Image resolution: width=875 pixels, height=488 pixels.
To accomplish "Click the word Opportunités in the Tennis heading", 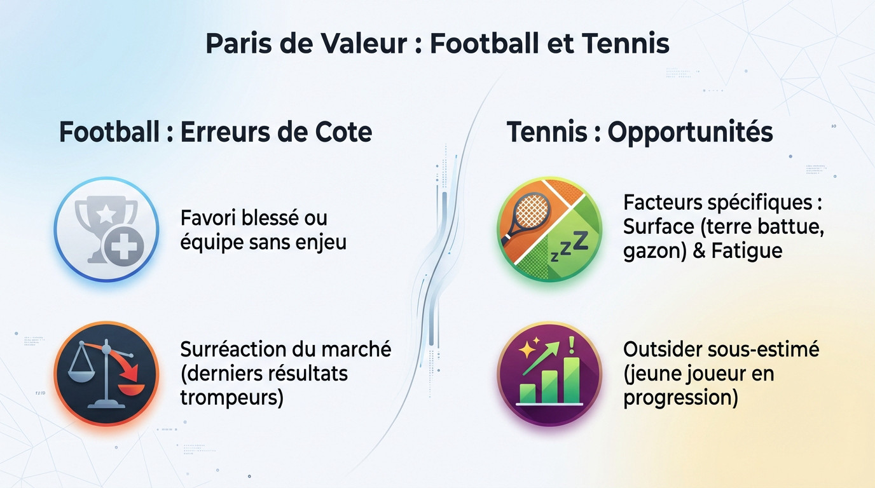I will (690, 132).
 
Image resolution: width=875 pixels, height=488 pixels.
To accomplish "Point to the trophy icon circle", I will (106, 229).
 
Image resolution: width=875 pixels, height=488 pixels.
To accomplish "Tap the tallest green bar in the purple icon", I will (570, 379).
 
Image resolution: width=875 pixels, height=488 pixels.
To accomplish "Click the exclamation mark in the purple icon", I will (570, 346).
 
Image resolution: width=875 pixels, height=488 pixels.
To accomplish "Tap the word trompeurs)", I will (231, 397).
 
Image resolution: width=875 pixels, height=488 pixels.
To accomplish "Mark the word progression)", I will (680, 397).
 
